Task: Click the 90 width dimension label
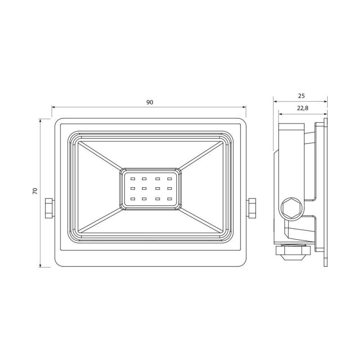150,103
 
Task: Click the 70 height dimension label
35,191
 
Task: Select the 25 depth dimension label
301,96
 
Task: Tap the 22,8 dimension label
302,108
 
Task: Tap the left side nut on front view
49,208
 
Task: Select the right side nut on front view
251,208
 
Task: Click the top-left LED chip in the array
133,178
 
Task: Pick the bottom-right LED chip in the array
170,198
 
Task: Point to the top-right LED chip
170,178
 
